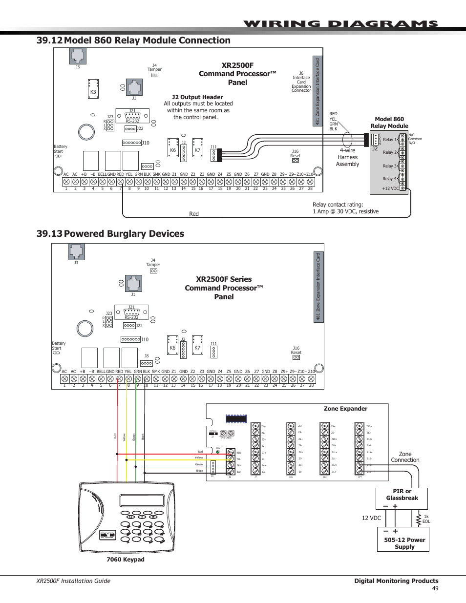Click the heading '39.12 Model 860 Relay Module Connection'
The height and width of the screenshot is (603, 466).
(133, 41)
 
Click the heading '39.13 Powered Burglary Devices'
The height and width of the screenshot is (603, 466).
(110, 234)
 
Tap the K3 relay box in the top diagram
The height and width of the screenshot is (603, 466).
(93, 89)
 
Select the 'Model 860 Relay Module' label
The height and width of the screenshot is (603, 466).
(389, 123)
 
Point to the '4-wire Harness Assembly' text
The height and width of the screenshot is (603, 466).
(347, 157)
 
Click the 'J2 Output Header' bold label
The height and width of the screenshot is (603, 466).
(197, 97)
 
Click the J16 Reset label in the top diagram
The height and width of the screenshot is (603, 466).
(295, 154)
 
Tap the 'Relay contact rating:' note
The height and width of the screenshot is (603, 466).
(338, 205)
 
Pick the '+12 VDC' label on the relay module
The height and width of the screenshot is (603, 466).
(390, 188)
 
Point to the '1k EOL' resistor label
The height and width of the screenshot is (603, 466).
(426, 519)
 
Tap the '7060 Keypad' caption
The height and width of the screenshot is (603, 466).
(126, 560)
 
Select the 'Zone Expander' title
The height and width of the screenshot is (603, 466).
(345, 409)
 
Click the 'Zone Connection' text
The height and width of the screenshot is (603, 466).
(405, 457)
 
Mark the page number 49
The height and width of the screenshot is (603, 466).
(435, 588)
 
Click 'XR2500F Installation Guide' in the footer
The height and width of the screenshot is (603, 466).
(73, 581)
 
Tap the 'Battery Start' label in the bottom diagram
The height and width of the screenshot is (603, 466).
(59, 346)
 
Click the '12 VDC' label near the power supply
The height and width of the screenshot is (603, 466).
(371, 518)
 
